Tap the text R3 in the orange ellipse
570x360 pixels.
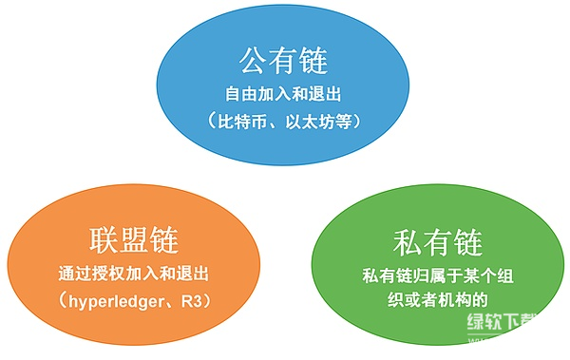202,302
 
